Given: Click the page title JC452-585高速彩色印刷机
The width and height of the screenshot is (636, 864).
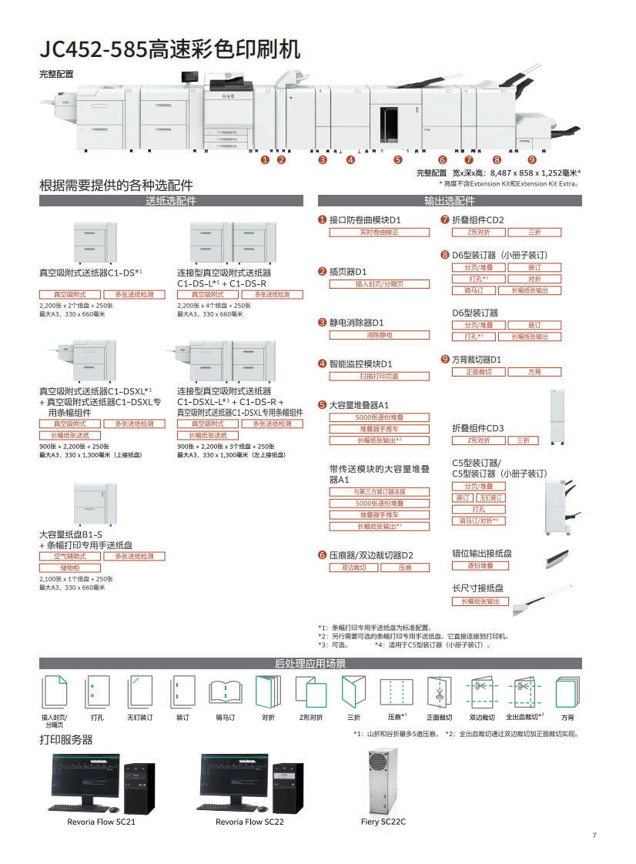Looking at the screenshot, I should point(169,49).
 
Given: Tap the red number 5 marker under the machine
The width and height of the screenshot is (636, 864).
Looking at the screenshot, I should point(398,160).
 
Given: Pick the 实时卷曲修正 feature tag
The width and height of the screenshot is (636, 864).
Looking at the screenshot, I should point(379,232).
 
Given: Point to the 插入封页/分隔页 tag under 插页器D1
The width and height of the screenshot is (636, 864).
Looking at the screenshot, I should point(379,284).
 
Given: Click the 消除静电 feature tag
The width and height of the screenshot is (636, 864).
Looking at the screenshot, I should point(379,335).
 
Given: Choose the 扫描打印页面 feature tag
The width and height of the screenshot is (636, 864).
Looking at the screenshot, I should point(379,377).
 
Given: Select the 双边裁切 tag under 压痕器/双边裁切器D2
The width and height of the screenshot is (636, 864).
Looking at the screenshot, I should point(353,568).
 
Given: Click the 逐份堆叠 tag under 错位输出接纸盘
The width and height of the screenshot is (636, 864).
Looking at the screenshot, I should point(480,565).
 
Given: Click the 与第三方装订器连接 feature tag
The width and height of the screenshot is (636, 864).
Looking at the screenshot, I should point(379,491).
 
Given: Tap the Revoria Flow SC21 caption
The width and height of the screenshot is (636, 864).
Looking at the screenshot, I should point(101,822).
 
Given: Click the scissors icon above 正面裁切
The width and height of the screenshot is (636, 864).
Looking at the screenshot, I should point(439,691).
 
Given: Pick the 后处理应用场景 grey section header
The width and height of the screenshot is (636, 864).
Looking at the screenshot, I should point(310,664).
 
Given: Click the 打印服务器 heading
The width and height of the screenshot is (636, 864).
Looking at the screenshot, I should point(66,739).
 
